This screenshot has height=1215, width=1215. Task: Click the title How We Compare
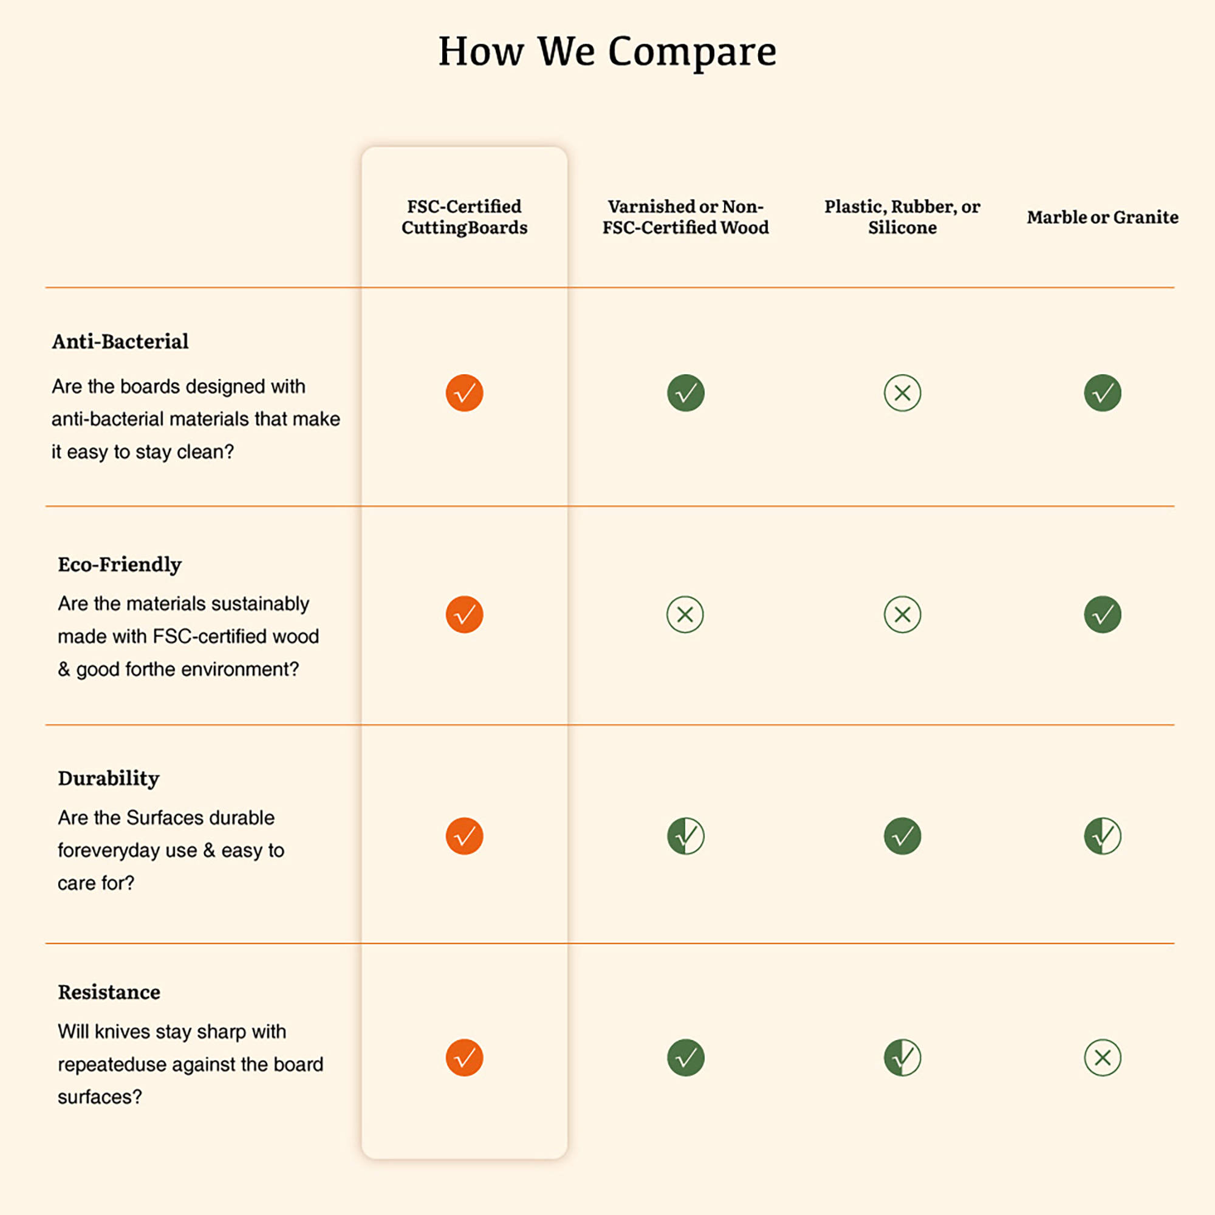click(607, 52)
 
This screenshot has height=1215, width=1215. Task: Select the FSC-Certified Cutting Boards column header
click(464, 217)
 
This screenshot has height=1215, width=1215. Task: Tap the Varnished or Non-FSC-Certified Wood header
click(685, 217)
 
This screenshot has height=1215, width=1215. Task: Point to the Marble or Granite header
click(1103, 217)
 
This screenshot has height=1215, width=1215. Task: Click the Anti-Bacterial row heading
click(120, 341)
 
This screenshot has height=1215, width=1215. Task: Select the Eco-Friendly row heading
click(120, 564)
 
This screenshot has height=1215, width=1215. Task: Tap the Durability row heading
click(109, 779)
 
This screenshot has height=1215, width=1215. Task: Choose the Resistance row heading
click(109, 993)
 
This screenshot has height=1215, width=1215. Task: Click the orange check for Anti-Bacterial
click(464, 393)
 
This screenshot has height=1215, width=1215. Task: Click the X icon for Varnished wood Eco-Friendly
click(685, 614)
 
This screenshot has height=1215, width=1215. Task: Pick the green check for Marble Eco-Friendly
click(1103, 614)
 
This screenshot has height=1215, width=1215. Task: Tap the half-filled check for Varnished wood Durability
click(685, 837)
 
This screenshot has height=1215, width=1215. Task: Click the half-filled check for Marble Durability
click(1103, 837)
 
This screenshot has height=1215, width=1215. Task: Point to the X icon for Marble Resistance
click(1103, 1058)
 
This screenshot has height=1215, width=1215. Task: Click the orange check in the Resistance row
click(464, 1058)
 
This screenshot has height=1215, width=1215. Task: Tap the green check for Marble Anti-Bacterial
click(1103, 393)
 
